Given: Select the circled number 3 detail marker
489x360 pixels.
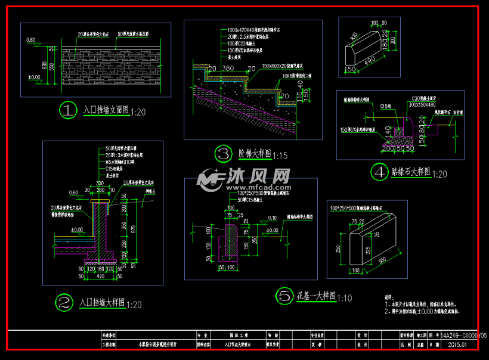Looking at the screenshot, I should [223, 154].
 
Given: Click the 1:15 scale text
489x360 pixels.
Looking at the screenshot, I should [280, 156].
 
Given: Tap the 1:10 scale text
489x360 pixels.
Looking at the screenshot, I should [345, 297].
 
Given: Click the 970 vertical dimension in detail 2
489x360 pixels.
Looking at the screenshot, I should [133, 228].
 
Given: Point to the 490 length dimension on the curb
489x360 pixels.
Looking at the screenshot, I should [370, 60].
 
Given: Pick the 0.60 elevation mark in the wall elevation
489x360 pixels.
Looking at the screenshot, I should [31, 40].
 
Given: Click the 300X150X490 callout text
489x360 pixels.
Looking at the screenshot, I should [423, 104].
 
